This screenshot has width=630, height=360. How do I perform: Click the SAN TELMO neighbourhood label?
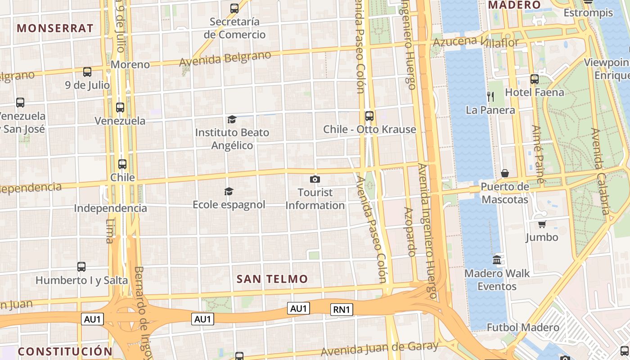click(272, 279)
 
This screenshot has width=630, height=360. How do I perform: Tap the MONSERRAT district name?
click(55, 28)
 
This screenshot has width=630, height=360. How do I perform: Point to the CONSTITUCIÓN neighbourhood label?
click(65, 351)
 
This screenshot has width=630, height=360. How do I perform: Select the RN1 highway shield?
click(342, 309)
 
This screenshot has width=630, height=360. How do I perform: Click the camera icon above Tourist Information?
click(315, 180)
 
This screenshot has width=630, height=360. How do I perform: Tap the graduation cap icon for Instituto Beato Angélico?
click(232, 119)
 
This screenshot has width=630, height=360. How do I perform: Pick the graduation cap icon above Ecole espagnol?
click(229, 192)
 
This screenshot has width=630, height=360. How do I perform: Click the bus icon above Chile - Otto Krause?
click(369, 116)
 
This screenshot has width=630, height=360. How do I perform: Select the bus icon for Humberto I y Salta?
click(81, 267)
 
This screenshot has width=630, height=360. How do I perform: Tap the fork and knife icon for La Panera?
click(490, 96)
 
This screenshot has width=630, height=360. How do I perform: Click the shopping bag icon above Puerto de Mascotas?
click(505, 173)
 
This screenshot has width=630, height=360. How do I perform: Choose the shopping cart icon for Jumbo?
click(542, 224)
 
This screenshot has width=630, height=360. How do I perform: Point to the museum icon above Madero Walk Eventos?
click(497, 260)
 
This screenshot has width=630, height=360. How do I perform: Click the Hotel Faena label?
click(534, 93)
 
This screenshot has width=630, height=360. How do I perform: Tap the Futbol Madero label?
click(523, 327)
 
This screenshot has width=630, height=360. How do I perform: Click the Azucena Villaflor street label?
click(476, 42)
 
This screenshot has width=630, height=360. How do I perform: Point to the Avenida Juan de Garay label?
click(379, 348)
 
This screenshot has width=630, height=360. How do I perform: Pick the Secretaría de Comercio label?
click(234, 28)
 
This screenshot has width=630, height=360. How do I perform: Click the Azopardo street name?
click(410, 232)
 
